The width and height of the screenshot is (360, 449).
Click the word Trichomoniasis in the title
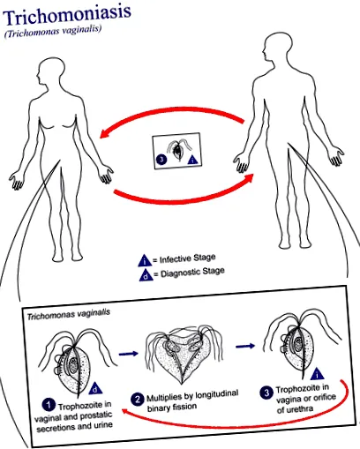[67, 16]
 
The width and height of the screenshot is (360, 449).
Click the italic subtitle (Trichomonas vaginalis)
[53, 33]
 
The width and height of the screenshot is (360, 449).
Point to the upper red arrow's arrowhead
[104, 133]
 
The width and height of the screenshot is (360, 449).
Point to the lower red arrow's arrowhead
[249, 177]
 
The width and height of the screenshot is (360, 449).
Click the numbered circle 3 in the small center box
[161, 160]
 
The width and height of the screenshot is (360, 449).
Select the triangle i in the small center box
[192, 160]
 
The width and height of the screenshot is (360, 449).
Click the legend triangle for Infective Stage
[145, 261]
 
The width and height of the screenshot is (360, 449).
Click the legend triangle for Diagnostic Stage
[146, 275]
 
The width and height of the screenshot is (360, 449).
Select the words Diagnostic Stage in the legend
[192, 273]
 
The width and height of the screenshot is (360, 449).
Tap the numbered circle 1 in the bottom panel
[49, 405]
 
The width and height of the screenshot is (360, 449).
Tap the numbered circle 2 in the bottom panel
[137, 400]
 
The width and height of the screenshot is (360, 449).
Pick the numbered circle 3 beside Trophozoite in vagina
[266, 393]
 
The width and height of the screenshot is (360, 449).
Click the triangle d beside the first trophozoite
[94, 388]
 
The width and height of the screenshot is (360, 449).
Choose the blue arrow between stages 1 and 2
[128, 353]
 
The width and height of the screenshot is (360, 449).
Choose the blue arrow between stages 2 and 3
[245, 346]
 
